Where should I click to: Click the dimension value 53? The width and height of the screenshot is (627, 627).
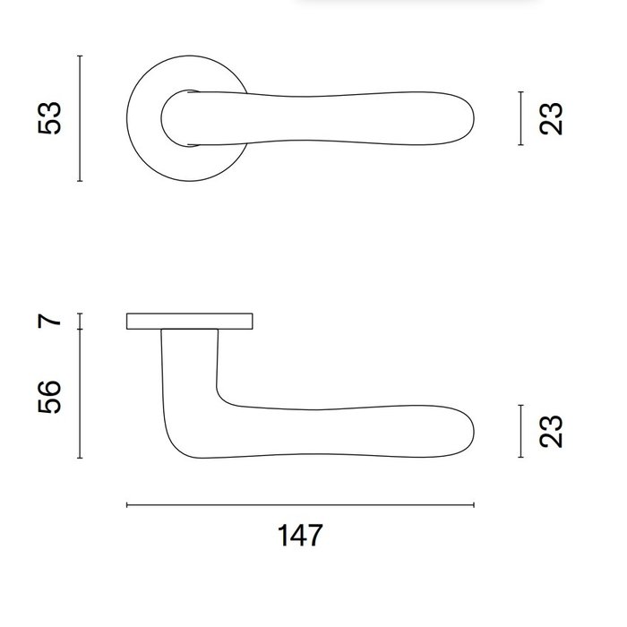tap(51, 118)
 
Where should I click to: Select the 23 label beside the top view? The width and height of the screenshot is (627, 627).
tap(553, 118)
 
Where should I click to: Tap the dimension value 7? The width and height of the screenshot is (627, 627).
tap(51, 320)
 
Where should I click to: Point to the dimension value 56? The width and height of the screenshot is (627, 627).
tap(51, 396)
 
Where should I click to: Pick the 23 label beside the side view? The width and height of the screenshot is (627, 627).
tap(553, 431)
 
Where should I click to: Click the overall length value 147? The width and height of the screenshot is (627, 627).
tap(299, 536)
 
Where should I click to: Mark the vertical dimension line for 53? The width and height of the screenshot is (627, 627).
tap(81, 118)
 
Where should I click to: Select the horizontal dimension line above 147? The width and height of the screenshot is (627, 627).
tap(299, 506)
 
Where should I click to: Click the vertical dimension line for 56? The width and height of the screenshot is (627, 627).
tap(81, 394)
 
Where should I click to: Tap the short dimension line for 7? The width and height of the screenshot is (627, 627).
tap(81, 321)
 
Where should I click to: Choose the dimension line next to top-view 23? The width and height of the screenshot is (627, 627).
tap(520, 118)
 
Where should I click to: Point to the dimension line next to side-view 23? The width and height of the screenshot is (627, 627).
tap(520, 431)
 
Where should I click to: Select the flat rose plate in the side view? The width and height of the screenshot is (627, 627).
tap(190, 321)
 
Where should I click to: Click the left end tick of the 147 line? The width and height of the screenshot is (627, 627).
tap(127, 506)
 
